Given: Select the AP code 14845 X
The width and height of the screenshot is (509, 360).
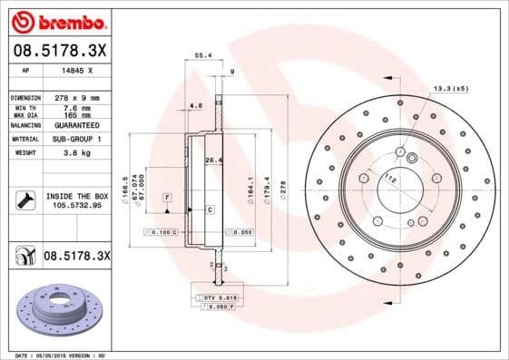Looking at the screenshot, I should pyautogui.click(x=76, y=69).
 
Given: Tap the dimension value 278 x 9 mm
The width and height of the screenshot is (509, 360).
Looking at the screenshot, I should pyautogui.click(x=80, y=96).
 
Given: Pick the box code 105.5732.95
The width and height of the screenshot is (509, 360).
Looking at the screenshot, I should pyautogui.click(x=75, y=205).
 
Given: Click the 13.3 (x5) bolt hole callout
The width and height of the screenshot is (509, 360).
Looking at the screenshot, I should pyautogui.click(x=450, y=88).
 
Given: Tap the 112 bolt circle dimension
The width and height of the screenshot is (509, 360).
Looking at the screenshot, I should pyautogui.click(x=390, y=178).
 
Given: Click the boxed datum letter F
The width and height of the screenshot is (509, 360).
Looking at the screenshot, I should pyautogui.click(x=167, y=196).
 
